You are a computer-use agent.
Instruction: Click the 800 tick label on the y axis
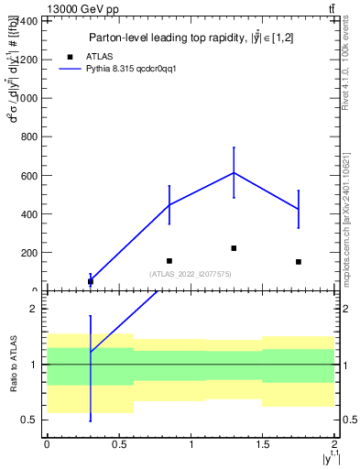[30, 136]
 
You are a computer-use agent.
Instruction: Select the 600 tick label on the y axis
[30, 175]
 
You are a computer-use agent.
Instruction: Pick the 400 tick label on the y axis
[30, 213]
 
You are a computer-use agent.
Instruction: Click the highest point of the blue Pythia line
[234, 172]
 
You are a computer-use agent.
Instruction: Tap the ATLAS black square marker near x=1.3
[234, 248]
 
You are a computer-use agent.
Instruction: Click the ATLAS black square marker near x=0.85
[169, 261]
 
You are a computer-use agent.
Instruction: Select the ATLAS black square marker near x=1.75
[299, 262]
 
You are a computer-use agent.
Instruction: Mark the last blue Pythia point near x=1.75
[299, 210]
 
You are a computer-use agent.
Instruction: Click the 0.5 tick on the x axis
[119, 444]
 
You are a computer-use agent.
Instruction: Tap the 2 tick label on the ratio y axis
[34, 309]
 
